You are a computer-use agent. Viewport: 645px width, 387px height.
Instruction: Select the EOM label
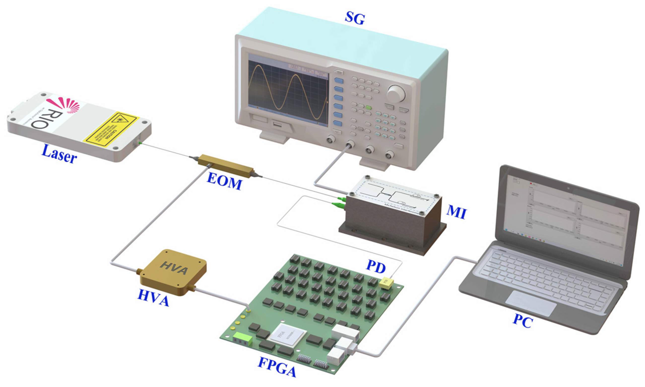click(225, 181)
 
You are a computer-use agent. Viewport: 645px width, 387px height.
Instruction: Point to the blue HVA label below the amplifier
click(153, 298)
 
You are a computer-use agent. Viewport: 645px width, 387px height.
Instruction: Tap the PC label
click(523, 321)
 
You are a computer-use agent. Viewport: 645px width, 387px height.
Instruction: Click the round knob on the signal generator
click(396, 93)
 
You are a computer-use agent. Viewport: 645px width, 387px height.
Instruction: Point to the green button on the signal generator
click(368, 107)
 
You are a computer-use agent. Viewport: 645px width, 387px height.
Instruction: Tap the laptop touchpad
click(531, 303)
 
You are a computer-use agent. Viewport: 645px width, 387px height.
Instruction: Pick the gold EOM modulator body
click(226, 166)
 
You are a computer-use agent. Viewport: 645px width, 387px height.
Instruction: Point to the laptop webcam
click(568, 188)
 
